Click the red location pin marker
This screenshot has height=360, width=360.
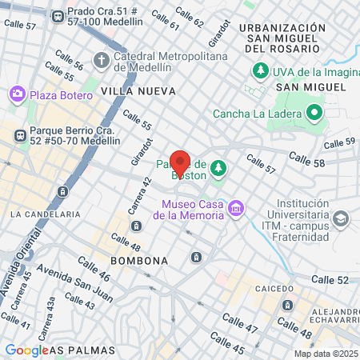click(x=180, y=162)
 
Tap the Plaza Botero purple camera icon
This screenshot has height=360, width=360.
click(x=18, y=95)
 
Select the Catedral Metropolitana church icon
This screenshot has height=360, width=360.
click(x=102, y=60)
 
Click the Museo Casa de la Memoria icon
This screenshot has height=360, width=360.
click(x=235, y=210)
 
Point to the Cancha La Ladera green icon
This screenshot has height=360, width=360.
click(x=314, y=113)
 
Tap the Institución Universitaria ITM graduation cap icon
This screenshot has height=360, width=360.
click(x=342, y=218)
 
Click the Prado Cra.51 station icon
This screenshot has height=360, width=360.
click(x=57, y=16)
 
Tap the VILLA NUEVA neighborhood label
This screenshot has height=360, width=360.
click(x=138, y=92)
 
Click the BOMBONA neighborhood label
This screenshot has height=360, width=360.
click(x=139, y=261)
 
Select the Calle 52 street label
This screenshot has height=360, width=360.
click(x=330, y=279)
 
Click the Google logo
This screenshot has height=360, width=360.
click(x=26, y=350)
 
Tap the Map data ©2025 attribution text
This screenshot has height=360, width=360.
click(x=326, y=354)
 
